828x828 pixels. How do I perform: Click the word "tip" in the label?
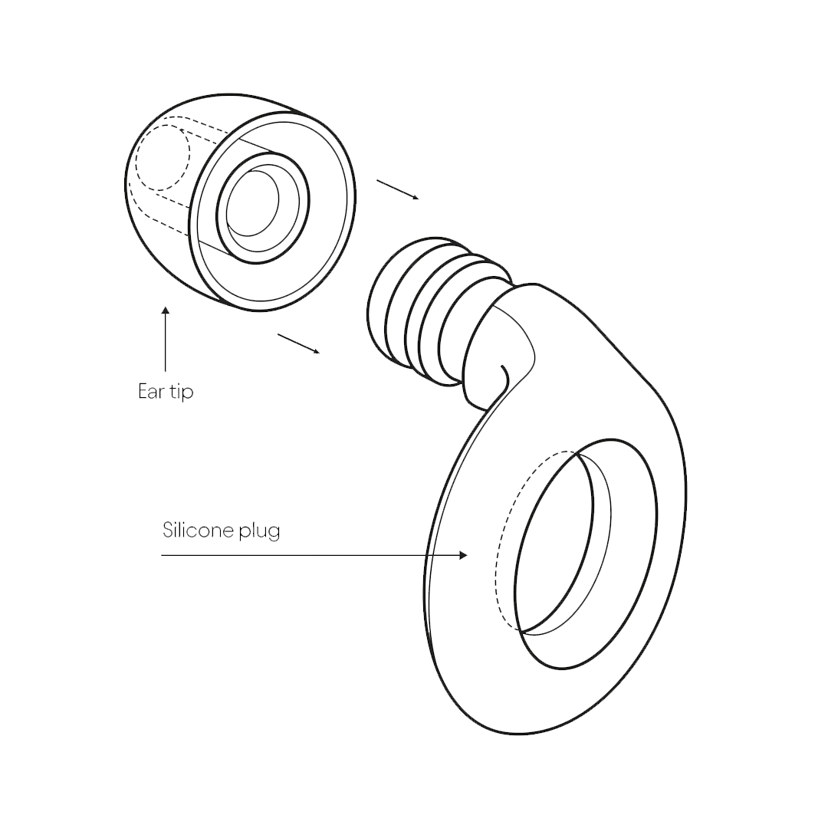pyautogui.click(x=182, y=393)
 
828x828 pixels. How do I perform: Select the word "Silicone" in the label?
pyautogui.click(x=198, y=530)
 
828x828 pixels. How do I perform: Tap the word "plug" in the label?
pyautogui.click(x=259, y=531)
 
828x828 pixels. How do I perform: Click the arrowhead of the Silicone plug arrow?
pyautogui.click(x=464, y=555)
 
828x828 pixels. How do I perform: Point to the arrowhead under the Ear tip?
pyautogui.click(x=166, y=310)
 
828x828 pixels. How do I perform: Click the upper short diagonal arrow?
pyautogui.click(x=398, y=189)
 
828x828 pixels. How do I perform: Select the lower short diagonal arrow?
pyautogui.click(x=298, y=343)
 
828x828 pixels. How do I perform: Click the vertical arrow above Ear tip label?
pyautogui.click(x=166, y=339)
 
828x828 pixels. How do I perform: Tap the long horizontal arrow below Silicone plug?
pyautogui.click(x=314, y=555)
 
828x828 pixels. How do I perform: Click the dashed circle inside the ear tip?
pyautogui.click(x=163, y=157)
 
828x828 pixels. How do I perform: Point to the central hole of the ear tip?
pyautogui.click(x=252, y=202)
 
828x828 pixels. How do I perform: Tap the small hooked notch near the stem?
pyautogui.click(x=504, y=376)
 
